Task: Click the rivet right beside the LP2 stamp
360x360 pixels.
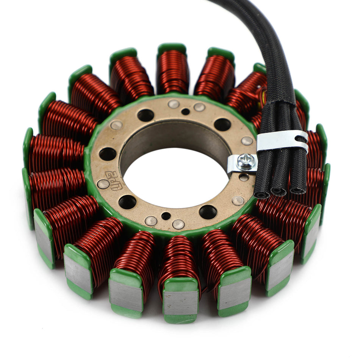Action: pyautogui.click(x=103, y=184)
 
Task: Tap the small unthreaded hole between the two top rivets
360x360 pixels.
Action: pyautogui.click(x=185, y=111)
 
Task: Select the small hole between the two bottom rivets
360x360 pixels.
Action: pyautogui.click(x=166, y=216)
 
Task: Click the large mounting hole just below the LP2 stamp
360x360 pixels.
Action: pyautogui.click(x=127, y=202)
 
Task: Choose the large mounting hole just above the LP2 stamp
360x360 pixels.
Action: pyautogui.click(x=108, y=154)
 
